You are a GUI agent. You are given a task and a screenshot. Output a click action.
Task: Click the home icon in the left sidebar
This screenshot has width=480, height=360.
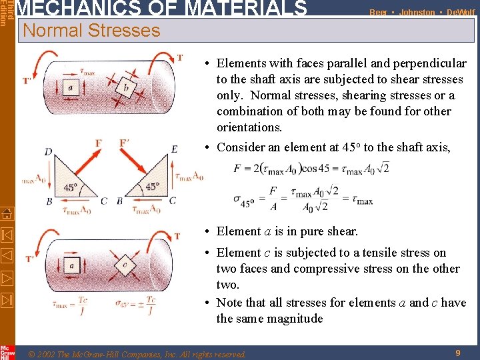click(x=7, y=214)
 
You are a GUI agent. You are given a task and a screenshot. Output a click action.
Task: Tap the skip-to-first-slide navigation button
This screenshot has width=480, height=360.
click(x=7, y=235)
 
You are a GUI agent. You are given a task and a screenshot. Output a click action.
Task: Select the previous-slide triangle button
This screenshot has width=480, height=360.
click(x=7, y=255)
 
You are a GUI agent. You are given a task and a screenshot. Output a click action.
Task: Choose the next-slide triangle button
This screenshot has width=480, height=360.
click(x=7, y=277)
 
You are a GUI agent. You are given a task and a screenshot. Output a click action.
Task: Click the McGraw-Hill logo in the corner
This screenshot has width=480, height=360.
click(x=7, y=351)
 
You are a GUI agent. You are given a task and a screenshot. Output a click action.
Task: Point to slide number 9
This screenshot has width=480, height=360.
click(x=458, y=353)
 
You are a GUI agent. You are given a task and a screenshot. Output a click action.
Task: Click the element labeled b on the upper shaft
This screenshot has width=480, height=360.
click(x=126, y=89)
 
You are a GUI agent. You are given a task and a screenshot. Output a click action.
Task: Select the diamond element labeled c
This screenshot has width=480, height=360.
click(x=125, y=265)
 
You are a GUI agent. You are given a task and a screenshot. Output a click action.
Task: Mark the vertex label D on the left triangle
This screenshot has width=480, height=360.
click(x=48, y=151)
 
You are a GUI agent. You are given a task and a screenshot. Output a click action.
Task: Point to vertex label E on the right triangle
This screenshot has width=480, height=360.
click(x=174, y=150)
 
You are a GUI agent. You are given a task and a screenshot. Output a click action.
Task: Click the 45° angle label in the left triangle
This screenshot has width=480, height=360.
click(x=70, y=188)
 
